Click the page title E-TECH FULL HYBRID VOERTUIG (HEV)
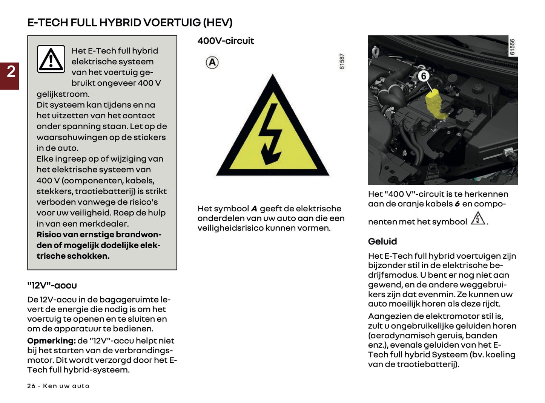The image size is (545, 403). point(130,23)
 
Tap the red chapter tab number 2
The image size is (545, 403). point(11,72)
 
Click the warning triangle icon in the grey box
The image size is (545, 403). point(51,59)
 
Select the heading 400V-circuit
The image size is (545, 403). point(226,41)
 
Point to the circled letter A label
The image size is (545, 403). point(212,63)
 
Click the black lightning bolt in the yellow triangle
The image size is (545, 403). point(270,134)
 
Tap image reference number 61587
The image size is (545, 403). point(342,61)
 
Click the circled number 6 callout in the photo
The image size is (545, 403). point(424,76)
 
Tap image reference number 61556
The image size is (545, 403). point(512,47)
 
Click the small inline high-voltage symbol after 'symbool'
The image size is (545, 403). point(478,218)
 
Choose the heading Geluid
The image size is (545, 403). point(382,241)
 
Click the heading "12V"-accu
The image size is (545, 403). point(52,285)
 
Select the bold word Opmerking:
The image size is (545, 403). point(51,341)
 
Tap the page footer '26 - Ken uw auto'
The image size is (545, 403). point(58,386)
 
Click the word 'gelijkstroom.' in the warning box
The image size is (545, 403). point(63,94)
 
